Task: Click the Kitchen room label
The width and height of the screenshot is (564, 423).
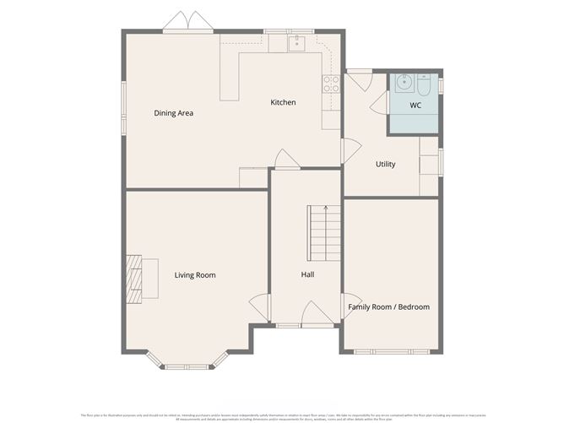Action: click(283, 102)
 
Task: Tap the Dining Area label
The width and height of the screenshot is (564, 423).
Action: click(174, 112)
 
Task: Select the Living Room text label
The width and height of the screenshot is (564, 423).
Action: click(195, 274)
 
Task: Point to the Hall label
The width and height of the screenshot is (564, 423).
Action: click(308, 274)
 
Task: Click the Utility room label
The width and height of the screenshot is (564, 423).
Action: click(385, 164)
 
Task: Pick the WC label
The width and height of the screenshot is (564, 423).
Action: click(415, 106)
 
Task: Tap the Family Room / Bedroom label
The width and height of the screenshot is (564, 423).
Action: click(389, 306)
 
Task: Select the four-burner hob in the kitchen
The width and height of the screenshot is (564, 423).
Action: click(330, 83)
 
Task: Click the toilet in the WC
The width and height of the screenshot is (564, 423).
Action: click(423, 84)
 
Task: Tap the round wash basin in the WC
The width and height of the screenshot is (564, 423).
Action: click(402, 84)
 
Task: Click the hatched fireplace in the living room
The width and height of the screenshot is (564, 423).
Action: click(133, 277)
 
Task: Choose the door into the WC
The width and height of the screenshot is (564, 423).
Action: click(379, 104)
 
